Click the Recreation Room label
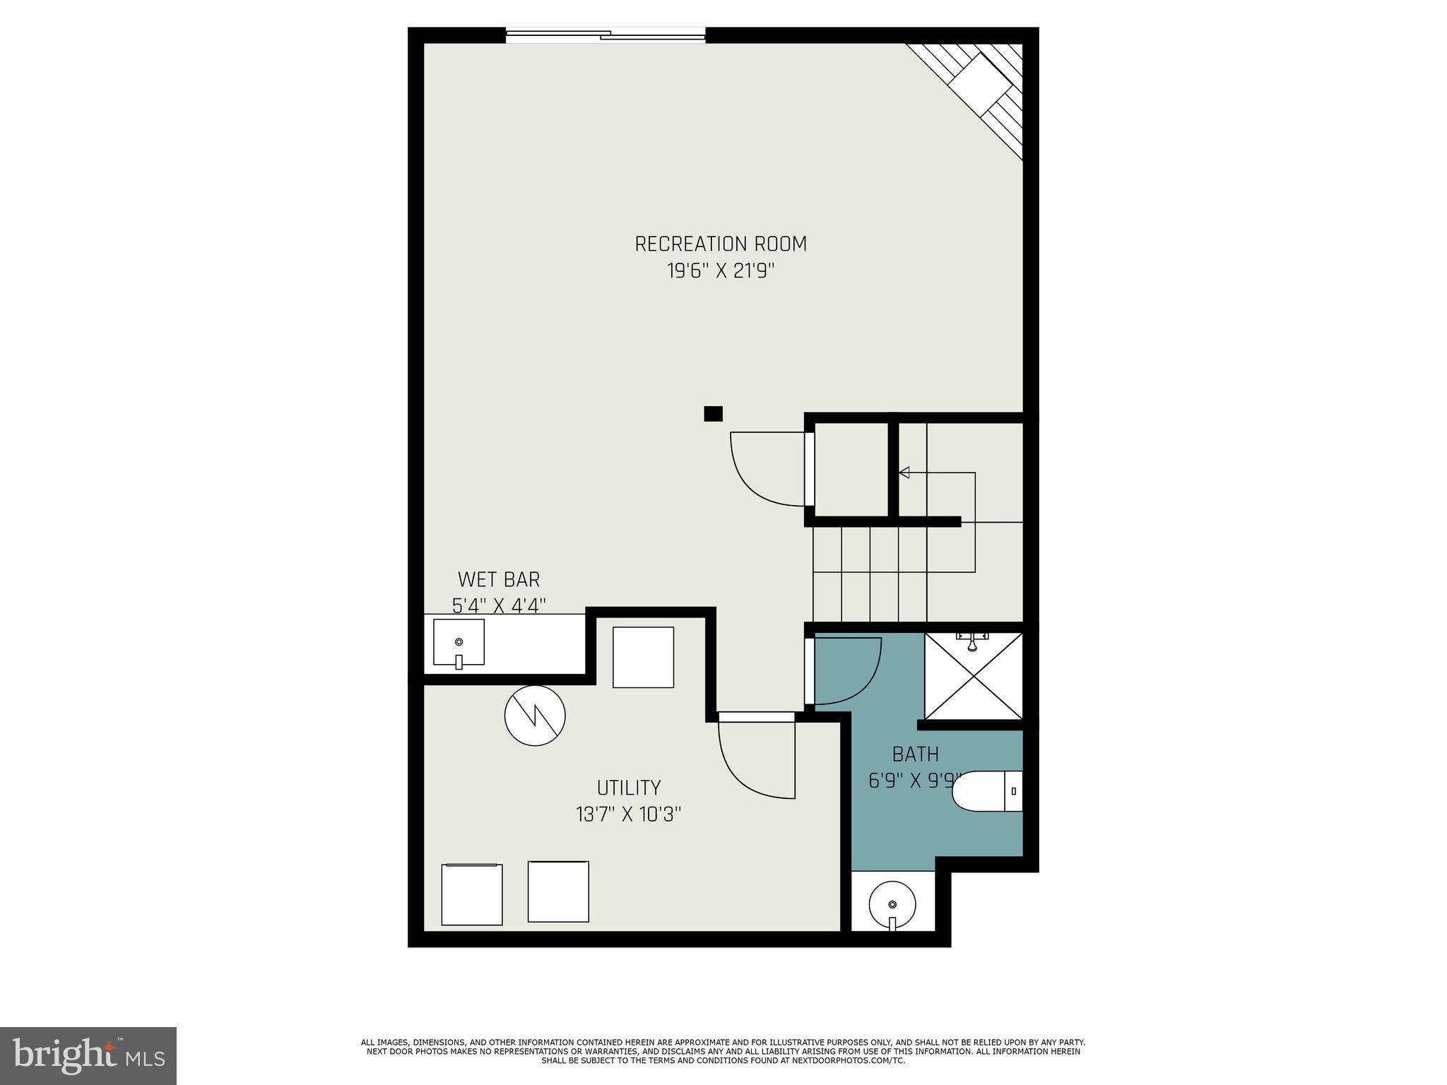click(720, 244)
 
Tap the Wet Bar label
click(498, 579)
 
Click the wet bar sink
click(459, 642)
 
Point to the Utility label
click(628, 788)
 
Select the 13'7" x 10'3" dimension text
click(628, 814)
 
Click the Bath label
click(915, 754)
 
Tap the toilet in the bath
click(988, 791)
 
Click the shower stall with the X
click(974, 677)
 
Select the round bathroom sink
click(892, 905)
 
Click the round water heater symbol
click(535, 715)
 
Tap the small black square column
click(713, 414)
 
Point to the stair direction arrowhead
click(904, 473)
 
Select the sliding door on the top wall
click(606, 35)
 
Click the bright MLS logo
click(88, 1055)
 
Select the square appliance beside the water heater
click(642, 657)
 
